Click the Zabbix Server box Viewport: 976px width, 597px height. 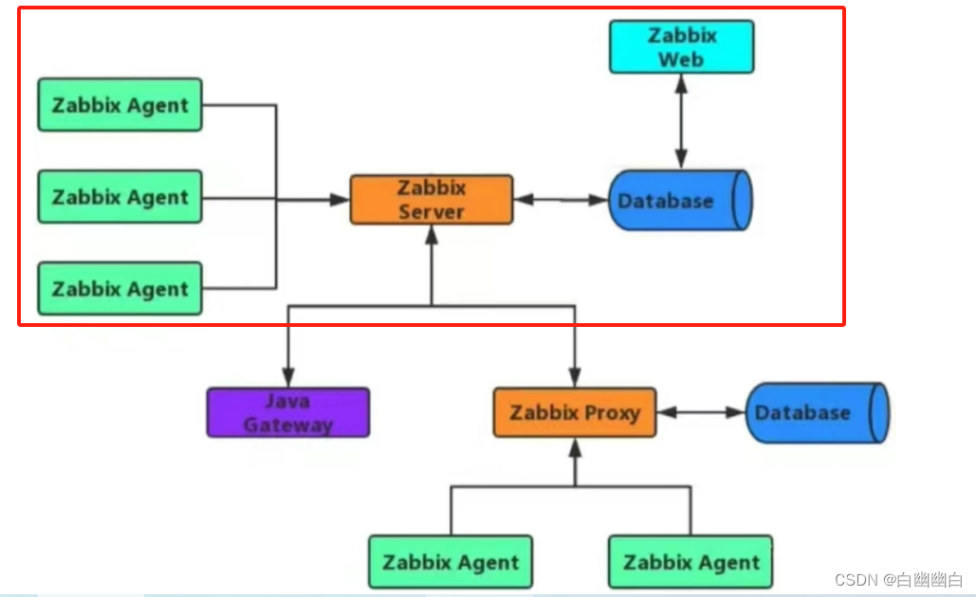click(x=431, y=200)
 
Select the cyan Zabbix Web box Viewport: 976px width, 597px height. click(x=681, y=47)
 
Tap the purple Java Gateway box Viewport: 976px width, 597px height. click(x=288, y=412)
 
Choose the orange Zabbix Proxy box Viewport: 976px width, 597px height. click(x=574, y=412)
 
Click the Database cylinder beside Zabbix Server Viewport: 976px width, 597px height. click(x=679, y=201)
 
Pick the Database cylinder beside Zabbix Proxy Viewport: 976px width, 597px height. click(x=816, y=412)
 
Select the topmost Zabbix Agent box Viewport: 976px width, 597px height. click(x=120, y=105)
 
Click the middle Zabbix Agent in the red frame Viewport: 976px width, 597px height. click(x=120, y=197)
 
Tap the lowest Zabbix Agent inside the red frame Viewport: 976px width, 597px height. click(x=120, y=289)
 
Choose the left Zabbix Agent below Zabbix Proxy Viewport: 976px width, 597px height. click(x=451, y=562)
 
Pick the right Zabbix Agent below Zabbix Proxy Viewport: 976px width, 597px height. click(x=691, y=562)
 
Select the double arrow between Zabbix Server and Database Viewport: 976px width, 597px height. click(x=560, y=200)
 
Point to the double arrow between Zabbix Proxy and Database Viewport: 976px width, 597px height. click(x=700, y=412)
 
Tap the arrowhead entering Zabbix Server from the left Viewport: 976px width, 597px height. click(x=341, y=200)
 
